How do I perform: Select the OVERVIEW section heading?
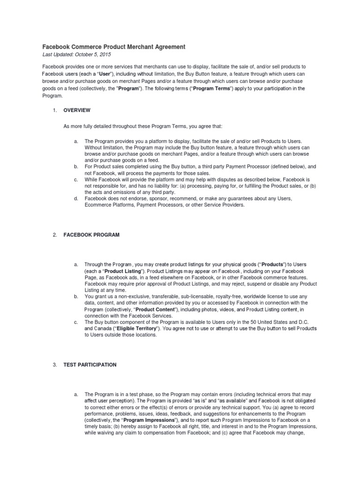click(x=77, y=110)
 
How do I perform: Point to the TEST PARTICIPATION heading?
click(x=90, y=365)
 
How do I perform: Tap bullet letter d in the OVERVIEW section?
click(x=76, y=199)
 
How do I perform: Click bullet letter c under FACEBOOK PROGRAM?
click(x=76, y=322)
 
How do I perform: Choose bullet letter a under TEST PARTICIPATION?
click(x=76, y=395)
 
